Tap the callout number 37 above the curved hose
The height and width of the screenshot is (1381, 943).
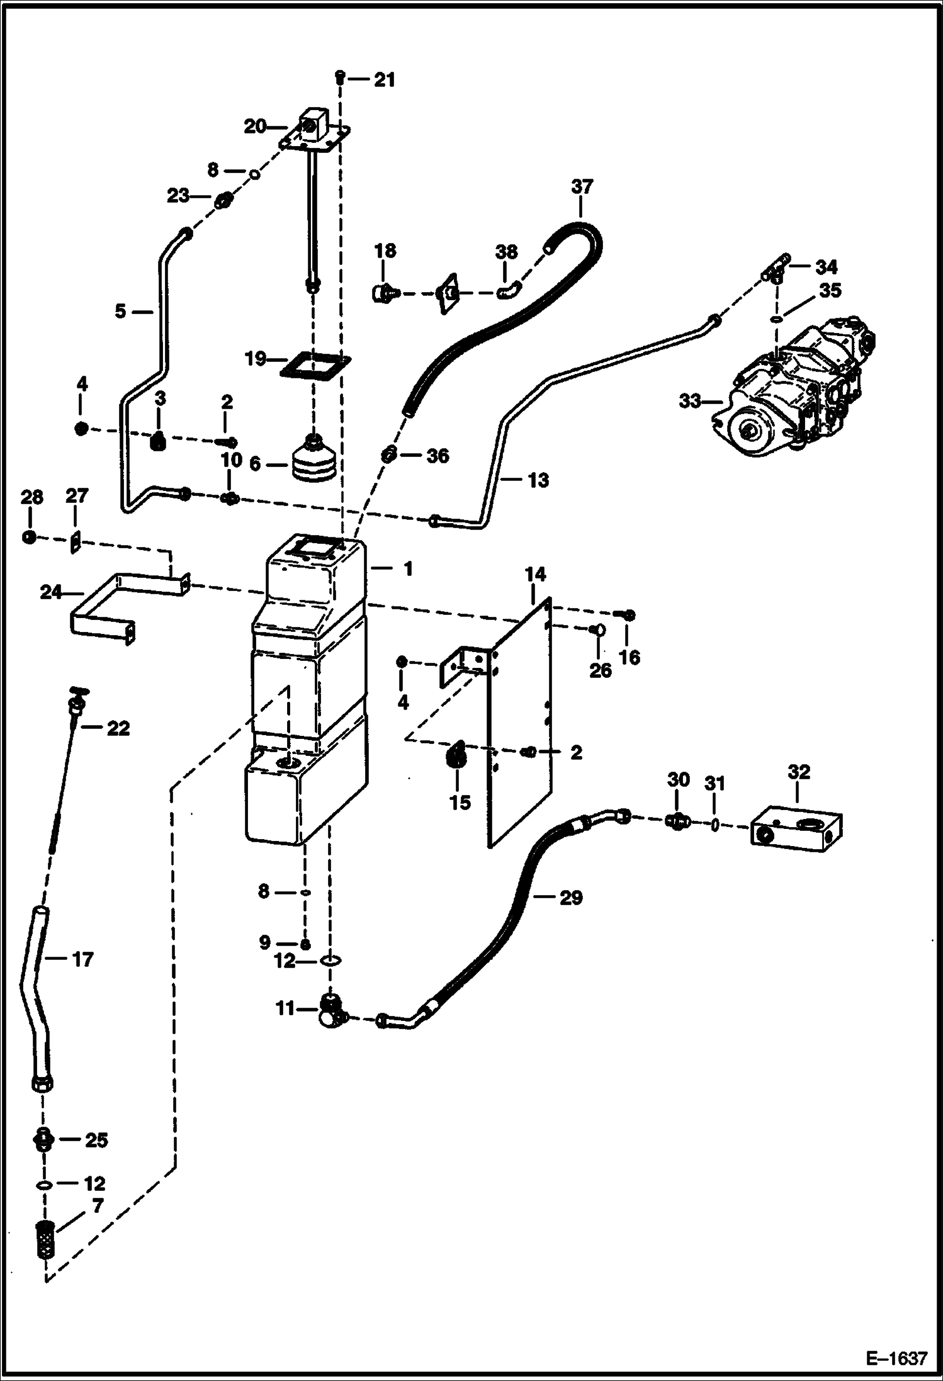582,186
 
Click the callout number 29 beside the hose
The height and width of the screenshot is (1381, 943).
571,898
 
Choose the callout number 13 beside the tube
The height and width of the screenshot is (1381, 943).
538,480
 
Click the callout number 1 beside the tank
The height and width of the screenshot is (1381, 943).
408,569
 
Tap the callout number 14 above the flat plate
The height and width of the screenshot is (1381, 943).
536,574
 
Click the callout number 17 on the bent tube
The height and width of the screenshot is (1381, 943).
83,959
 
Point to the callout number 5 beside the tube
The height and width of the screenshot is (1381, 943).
120,310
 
